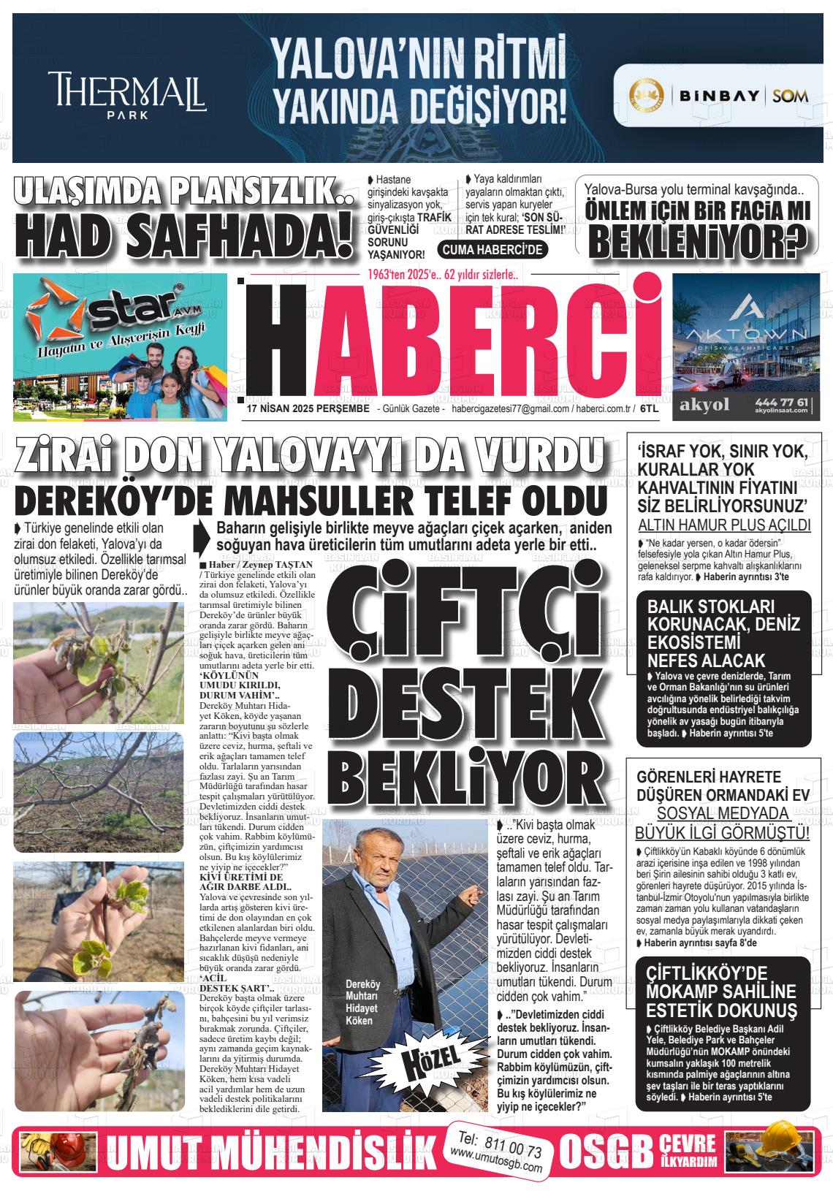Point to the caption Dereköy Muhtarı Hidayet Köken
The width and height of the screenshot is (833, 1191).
coord(362,1001)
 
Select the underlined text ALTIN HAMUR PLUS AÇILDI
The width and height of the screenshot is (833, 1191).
coord(724,525)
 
